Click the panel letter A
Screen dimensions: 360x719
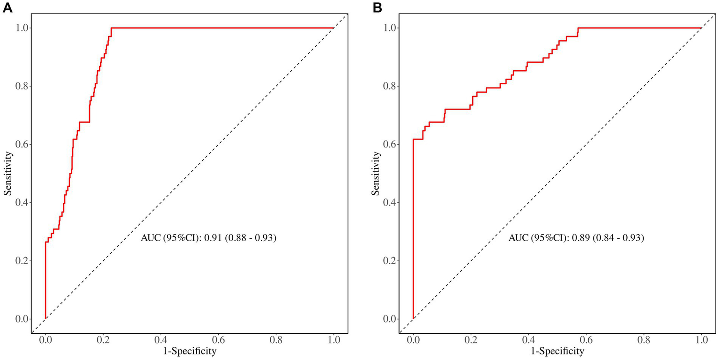(x=7, y=7)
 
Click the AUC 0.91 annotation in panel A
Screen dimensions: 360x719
(x=208, y=238)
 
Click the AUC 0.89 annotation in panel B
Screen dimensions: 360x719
(x=576, y=238)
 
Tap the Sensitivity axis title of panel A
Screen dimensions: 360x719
(x=8, y=173)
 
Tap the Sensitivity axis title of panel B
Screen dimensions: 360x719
(x=376, y=173)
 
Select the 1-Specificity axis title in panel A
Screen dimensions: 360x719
(x=189, y=350)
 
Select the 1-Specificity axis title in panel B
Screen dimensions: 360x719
(x=557, y=350)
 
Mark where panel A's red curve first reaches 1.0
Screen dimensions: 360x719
(x=111, y=28)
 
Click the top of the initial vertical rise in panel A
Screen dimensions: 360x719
(x=45, y=242)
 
